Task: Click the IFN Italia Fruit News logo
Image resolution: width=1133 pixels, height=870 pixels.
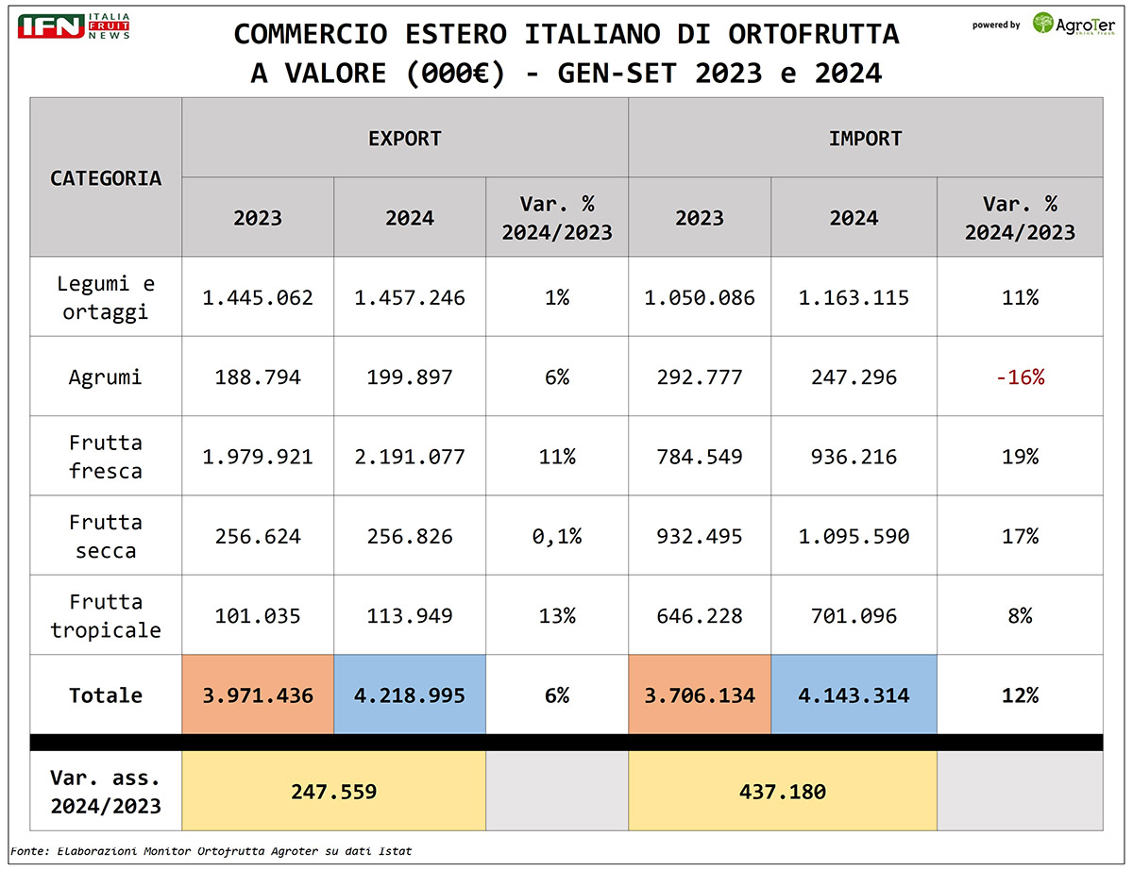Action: coord(74,26)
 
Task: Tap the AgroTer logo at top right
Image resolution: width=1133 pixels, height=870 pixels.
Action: coord(1074,24)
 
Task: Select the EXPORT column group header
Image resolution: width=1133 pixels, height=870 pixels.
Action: coord(405,139)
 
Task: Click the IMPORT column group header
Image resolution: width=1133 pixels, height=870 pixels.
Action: coord(865,139)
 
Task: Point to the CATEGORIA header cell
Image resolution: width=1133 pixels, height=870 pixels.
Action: coord(106,177)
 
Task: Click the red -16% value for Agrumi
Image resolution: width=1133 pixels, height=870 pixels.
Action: coord(1020,377)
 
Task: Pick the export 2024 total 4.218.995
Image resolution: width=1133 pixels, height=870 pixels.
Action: coord(410,695)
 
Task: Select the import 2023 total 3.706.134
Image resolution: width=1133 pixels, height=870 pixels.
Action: coord(700,695)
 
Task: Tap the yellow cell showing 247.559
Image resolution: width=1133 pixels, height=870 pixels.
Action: coord(333,791)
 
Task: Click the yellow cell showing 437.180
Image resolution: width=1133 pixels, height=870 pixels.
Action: coord(783,791)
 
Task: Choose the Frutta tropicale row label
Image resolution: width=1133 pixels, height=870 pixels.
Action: coord(106,616)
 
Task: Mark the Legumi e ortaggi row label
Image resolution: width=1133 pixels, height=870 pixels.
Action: coord(106,298)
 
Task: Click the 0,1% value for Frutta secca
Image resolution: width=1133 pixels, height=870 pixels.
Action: coord(557,537)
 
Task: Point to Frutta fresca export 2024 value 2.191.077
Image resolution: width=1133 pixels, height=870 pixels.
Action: coord(410,457)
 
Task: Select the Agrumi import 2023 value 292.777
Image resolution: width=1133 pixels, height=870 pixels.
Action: coord(700,377)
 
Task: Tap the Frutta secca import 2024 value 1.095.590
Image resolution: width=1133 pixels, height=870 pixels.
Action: coord(854,537)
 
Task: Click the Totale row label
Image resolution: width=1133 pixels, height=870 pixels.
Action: coord(106,695)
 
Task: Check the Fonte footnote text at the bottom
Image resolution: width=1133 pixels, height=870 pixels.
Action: coord(211,851)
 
